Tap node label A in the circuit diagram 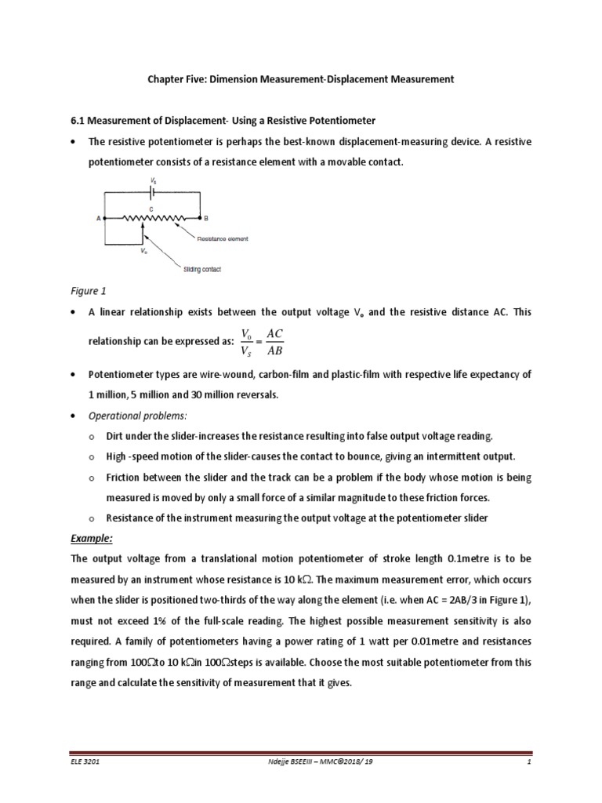pyautogui.click(x=99, y=219)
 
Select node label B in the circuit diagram pyautogui.click(x=205, y=219)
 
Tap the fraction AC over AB pyautogui.click(x=274, y=342)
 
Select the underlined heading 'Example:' pyautogui.click(x=92, y=538)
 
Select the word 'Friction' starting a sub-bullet pyautogui.click(x=125, y=477)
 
